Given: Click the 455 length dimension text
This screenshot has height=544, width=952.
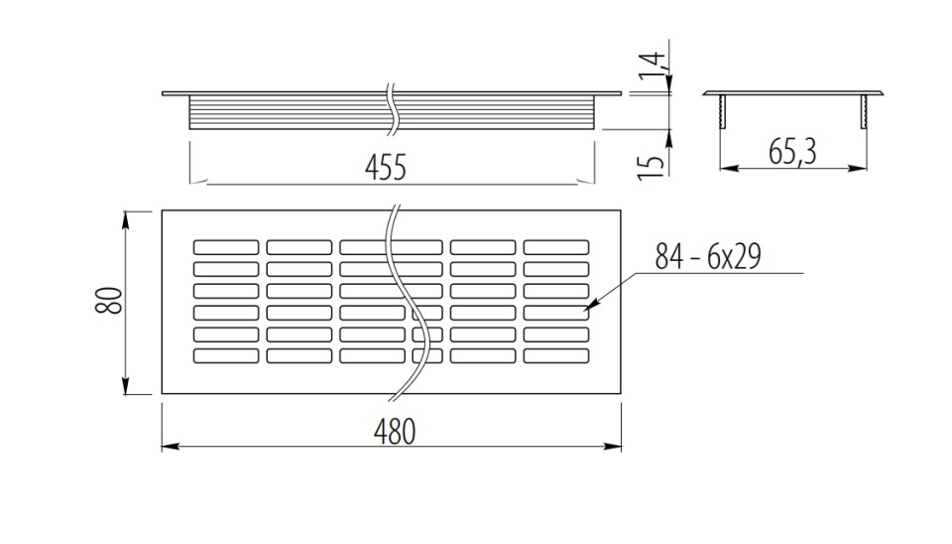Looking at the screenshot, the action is [x=385, y=167].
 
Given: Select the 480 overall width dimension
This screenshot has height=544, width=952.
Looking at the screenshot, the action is [x=395, y=432].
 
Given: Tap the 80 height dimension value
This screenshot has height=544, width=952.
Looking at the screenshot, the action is [x=109, y=300].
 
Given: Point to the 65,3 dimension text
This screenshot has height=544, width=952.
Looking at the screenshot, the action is [x=792, y=151].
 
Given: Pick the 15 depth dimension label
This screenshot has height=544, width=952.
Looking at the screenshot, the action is [x=651, y=167].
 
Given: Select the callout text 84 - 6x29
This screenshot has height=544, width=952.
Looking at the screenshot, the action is [x=708, y=256].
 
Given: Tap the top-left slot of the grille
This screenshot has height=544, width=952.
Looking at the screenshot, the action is [x=226, y=247].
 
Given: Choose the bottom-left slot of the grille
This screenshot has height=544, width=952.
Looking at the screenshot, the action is [x=226, y=355].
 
